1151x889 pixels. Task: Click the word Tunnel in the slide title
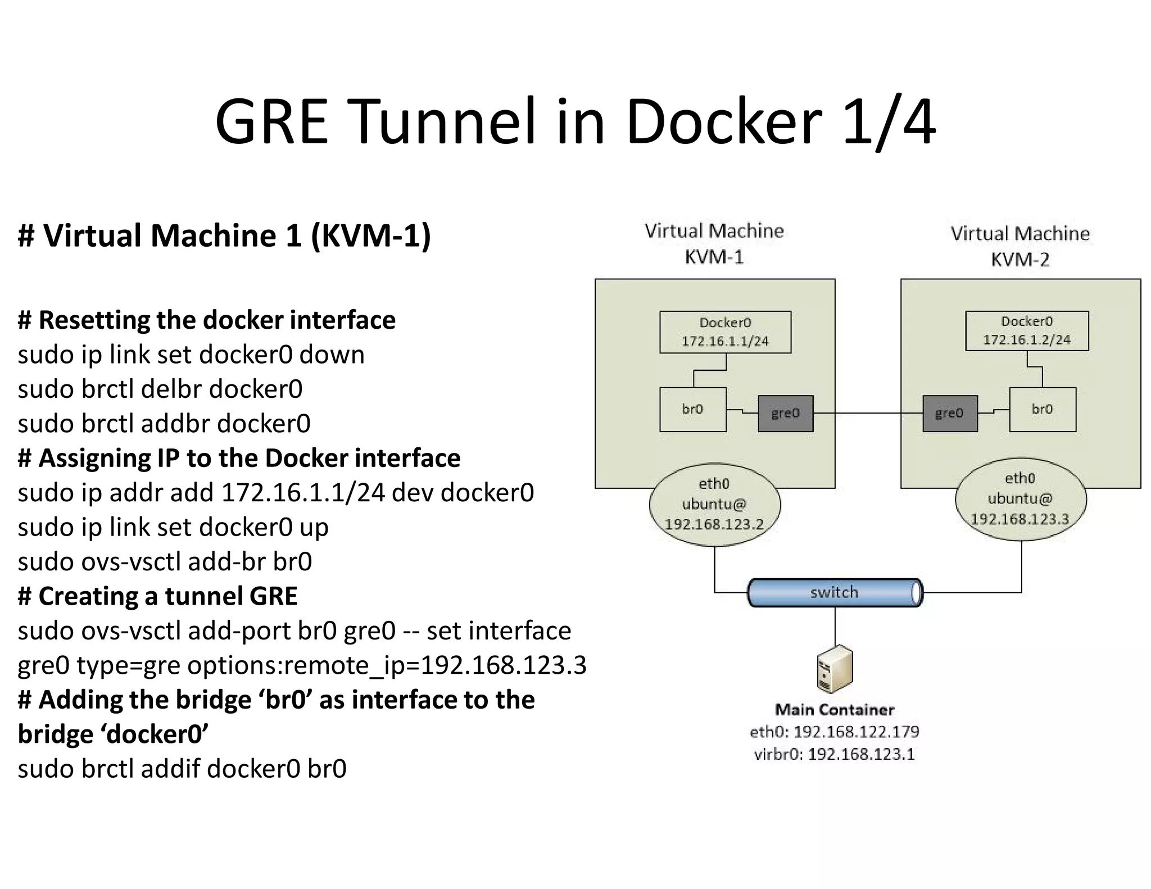pos(444,122)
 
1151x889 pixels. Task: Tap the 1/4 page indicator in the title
pos(889,122)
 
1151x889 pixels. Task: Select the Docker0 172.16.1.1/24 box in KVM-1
pos(725,332)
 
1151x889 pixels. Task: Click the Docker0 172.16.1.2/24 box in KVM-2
pos(1027,330)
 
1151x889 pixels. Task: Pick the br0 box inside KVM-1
pos(692,410)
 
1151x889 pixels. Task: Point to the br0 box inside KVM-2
pos(1043,410)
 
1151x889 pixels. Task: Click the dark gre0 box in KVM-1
pos(785,414)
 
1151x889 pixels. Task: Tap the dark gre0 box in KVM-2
pos(950,414)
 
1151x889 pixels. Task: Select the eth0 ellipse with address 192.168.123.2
pos(714,504)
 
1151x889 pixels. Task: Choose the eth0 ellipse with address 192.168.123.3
pos(1021,499)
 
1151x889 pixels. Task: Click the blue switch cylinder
pos(835,592)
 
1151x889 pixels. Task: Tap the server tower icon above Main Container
pos(835,669)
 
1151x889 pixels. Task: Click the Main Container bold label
pos(835,710)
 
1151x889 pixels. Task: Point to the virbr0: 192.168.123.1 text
pos(835,754)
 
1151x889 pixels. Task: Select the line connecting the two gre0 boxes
pos(868,413)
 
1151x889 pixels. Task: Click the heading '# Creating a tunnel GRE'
pos(157,596)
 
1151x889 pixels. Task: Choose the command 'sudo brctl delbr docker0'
pos(160,389)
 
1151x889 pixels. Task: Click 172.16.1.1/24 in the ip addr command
pos(303,493)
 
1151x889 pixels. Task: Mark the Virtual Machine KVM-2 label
pos(1020,246)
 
